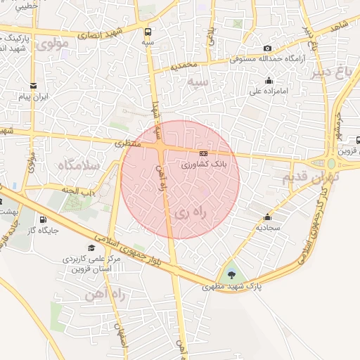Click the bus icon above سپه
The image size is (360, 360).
pos(148,32)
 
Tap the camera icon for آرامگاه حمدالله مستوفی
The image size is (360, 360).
pos(267,48)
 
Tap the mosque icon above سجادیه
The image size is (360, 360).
pos(267,217)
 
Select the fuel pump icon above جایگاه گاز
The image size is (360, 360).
pos(44,219)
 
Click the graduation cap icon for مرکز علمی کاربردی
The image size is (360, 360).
pos(91,248)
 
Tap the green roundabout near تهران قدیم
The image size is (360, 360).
pos(331,163)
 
